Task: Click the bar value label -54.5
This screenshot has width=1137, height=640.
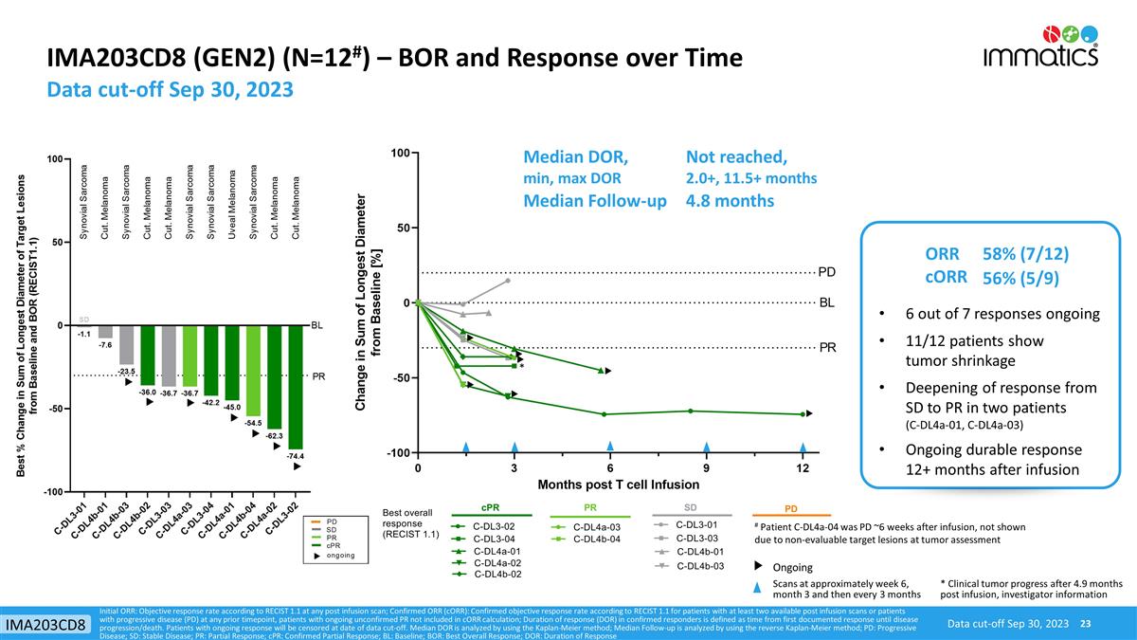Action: [253, 423]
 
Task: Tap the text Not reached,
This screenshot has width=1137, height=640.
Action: [736, 156]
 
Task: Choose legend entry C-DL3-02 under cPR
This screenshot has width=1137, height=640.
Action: [494, 526]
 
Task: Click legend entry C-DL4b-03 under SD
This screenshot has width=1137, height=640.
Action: [699, 566]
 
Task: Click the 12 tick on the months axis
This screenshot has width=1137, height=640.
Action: [802, 467]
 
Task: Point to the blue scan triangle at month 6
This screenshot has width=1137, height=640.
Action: [610, 447]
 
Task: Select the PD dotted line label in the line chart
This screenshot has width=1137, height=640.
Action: [827, 273]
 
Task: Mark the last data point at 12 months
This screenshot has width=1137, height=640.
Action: [803, 413]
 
